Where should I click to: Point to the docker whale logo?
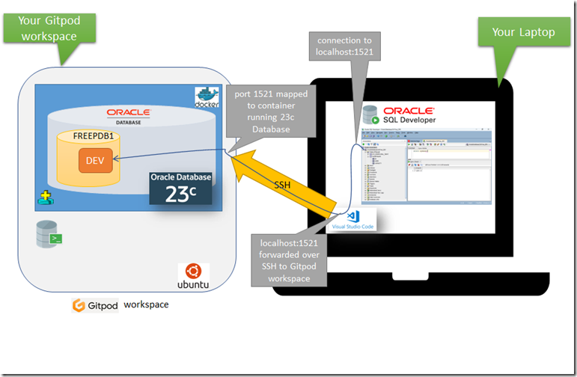[205, 98]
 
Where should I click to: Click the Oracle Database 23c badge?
[180, 188]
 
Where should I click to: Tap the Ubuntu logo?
[193, 277]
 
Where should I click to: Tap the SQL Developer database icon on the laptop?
[370, 116]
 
